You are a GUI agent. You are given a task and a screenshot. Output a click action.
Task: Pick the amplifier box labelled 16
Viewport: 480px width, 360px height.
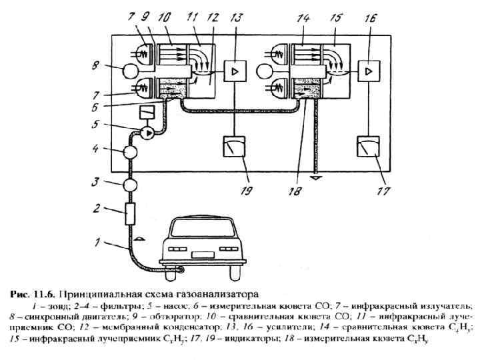click(369, 70)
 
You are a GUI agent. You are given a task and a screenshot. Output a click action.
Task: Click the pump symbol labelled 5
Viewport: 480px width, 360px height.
click(145, 132)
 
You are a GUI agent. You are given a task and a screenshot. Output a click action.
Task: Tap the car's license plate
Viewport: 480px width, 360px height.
click(201, 255)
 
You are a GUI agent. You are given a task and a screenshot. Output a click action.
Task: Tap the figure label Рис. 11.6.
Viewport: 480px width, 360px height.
click(31, 293)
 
